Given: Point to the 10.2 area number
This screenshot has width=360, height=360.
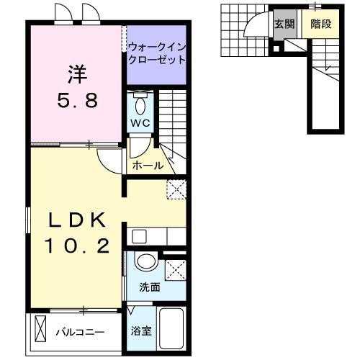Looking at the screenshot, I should pos(78,247).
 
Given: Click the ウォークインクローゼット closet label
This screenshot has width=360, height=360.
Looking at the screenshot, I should pos(156,54).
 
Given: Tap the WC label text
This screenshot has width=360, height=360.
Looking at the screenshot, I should pos(140,123).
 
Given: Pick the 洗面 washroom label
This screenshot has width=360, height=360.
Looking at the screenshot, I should pos(150,287).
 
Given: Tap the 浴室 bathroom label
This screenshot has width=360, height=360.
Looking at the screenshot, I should pos(140,332).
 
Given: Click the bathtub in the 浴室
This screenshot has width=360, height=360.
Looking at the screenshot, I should pos(171,328).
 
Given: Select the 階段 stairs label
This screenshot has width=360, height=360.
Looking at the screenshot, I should pos(320,24).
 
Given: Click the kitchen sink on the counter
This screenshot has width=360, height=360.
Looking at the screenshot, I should pos(139,235).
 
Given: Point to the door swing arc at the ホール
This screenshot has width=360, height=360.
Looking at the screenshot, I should pos(108,162).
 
